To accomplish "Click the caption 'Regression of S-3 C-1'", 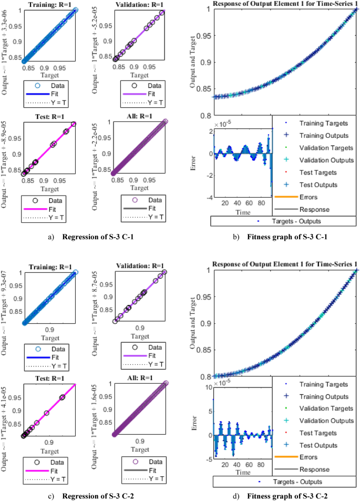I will click(x=98, y=237).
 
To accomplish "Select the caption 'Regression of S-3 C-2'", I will click(x=98, y=496).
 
